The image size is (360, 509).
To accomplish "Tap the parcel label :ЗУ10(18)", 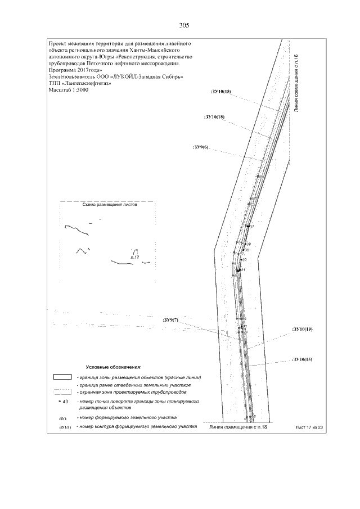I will (215, 116).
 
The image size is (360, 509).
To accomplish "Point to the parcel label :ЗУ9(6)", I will (201, 147).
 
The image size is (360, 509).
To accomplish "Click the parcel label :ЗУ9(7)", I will (170, 320).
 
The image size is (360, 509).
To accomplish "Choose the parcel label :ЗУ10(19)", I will (302, 328).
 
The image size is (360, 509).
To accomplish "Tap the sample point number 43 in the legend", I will (65, 402).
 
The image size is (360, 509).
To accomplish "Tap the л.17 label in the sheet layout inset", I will (134, 256).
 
